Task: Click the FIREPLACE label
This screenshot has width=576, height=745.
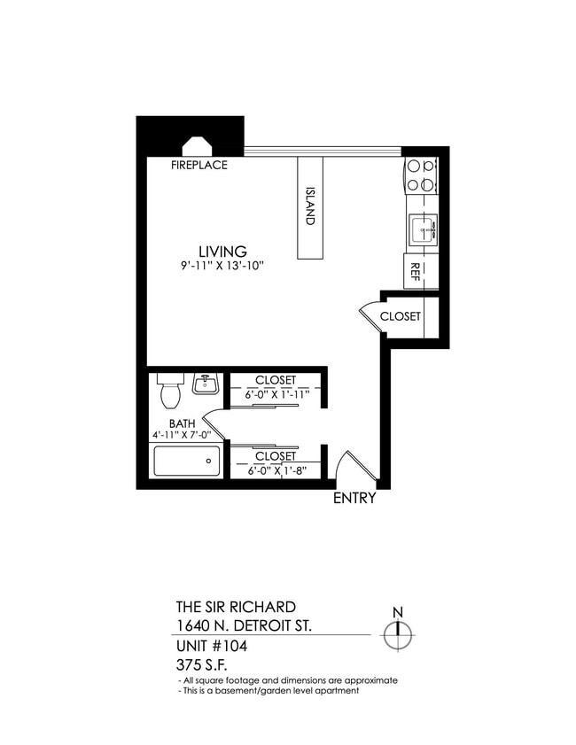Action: (x=199, y=165)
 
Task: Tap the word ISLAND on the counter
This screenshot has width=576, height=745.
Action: (x=310, y=206)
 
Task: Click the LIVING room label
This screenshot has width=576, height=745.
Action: (x=222, y=252)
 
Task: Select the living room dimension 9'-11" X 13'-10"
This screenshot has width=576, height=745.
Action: (x=222, y=266)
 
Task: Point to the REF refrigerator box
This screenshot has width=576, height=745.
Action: (x=413, y=272)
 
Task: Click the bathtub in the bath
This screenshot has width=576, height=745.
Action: (x=187, y=462)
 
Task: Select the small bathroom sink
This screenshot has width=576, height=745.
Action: (x=205, y=384)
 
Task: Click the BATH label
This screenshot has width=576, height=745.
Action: (x=182, y=423)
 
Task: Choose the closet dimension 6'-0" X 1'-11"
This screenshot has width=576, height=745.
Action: (x=276, y=393)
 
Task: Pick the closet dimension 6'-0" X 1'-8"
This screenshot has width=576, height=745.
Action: (x=276, y=470)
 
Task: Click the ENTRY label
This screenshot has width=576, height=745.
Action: (x=354, y=498)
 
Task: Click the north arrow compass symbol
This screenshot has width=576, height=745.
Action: (x=399, y=632)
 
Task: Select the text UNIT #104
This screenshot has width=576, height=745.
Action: (x=212, y=646)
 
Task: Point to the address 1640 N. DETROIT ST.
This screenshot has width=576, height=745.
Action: (x=244, y=626)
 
